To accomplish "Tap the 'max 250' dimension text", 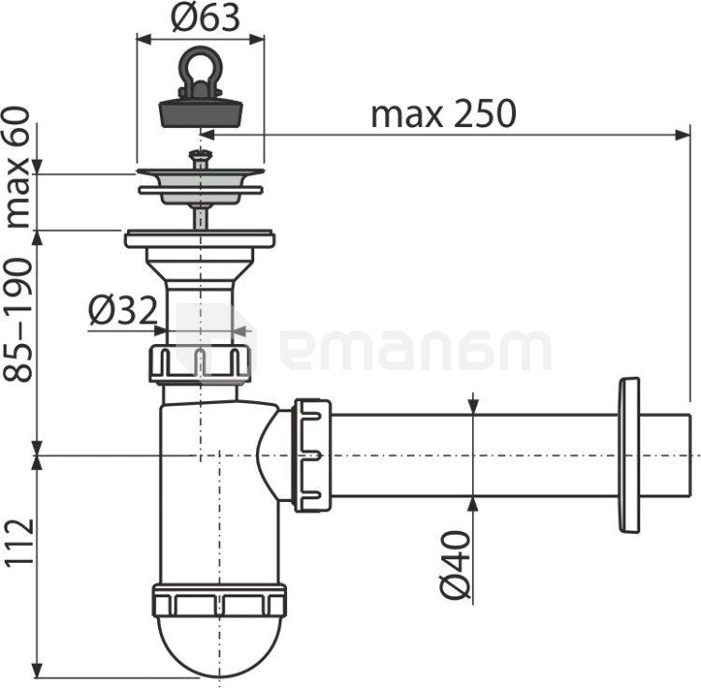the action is click(x=443, y=113).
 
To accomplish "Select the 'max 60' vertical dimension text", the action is click(x=18, y=168).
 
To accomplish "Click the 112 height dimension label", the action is click(x=18, y=542).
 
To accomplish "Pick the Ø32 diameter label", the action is click(x=122, y=311).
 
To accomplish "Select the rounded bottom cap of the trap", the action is click(x=219, y=645).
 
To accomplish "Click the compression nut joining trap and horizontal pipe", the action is click(x=312, y=455).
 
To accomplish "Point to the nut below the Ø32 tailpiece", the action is click(x=200, y=364).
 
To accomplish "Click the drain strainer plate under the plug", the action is click(x=200, y=178).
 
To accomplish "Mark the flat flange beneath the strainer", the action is click(x=200, y=238).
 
